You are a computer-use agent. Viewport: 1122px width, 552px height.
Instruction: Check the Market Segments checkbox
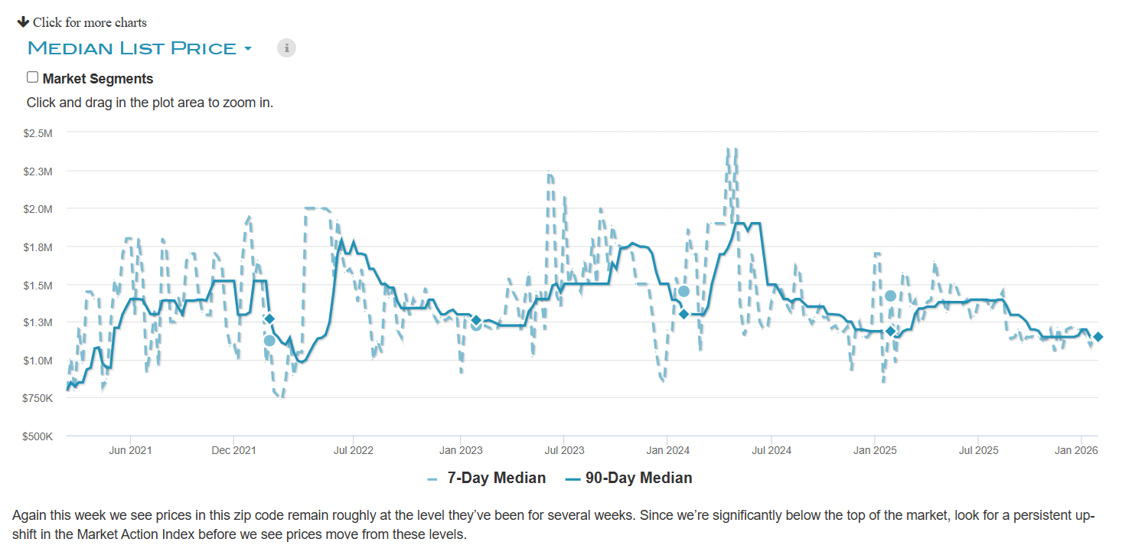32,77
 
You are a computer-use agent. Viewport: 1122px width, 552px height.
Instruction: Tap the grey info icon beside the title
286,48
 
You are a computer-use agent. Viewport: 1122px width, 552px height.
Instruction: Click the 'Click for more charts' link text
90,22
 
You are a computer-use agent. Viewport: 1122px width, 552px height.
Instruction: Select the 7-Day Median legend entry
487,479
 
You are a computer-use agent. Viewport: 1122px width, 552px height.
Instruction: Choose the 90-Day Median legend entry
629,479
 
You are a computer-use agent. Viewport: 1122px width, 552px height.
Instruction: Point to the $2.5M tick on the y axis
38,133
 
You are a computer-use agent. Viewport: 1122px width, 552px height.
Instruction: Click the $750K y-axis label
38,398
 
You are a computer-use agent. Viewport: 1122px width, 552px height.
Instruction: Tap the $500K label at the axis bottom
38,436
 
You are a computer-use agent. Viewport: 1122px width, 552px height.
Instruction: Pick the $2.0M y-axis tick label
38,209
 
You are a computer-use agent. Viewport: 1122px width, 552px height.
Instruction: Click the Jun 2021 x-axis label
130,450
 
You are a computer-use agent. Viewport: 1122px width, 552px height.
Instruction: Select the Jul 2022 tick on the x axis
354,450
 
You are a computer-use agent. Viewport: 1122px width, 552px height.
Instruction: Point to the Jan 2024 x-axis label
667,450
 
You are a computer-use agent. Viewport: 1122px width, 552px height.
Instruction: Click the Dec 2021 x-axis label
233,450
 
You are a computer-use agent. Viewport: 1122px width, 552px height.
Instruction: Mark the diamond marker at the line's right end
1098,337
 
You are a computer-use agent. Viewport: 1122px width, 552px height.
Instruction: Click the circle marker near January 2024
683,292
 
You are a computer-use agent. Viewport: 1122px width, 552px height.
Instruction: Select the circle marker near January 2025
890,296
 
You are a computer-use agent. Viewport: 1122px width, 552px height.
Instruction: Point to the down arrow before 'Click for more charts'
23,21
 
